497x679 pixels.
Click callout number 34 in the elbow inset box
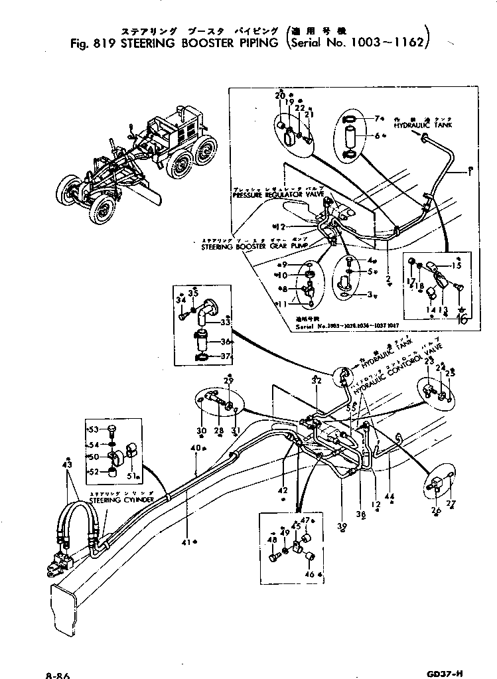(x=180, y=301)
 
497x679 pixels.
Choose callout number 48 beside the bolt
(x=272, y=540)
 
